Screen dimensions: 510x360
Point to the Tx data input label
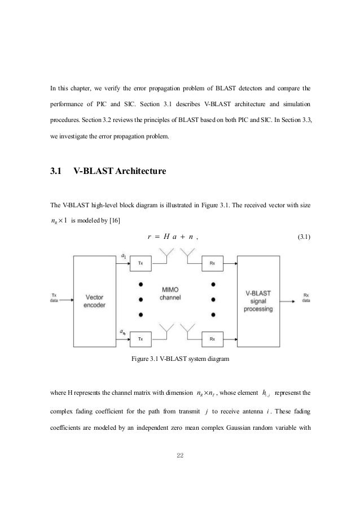coord(54,297)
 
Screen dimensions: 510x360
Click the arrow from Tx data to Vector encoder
coord(65,300)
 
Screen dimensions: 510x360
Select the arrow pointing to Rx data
coord(295,300)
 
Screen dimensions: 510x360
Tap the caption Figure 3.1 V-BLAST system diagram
coord(179,359)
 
